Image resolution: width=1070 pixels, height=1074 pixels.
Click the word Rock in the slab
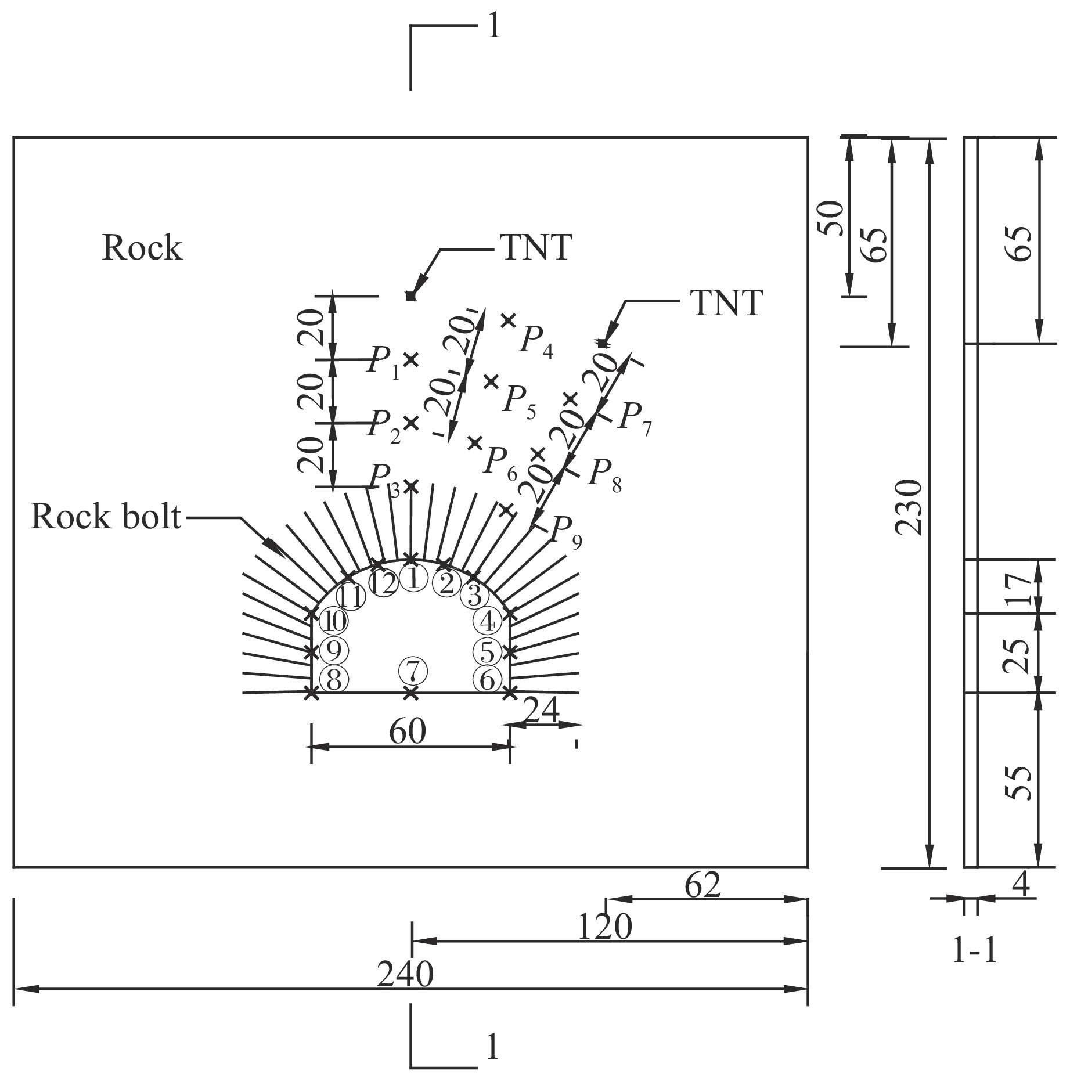pos(142,248)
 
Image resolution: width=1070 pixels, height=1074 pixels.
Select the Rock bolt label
pos(106,516)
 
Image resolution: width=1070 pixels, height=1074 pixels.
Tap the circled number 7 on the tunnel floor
pos(412,672)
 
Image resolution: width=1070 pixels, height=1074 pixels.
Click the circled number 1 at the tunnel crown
pos(413,578)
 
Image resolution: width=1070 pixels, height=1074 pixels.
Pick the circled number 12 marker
pos(384,583)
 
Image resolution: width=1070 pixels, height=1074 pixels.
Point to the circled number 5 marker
pos(487,651)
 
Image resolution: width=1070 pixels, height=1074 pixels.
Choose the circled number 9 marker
pos(334,651)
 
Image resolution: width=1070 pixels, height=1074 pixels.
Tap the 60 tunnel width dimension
pos(408,731)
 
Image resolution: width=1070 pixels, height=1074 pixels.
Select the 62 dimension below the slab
pos(702,885)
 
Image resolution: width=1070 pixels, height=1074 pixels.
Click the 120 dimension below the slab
pos(604,927)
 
